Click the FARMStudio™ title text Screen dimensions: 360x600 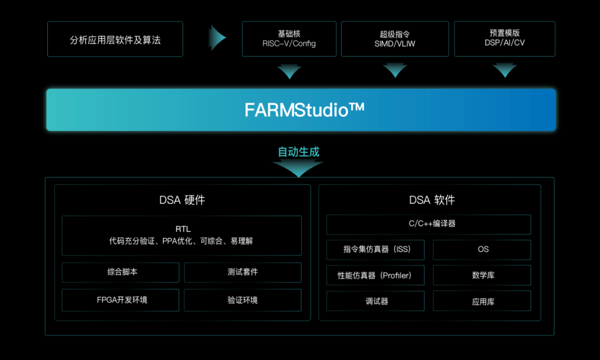(304, 110)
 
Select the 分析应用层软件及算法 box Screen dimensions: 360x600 (115, 39)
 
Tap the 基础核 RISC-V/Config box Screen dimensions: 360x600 (289, 39)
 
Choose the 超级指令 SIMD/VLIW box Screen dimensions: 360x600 (394, 39)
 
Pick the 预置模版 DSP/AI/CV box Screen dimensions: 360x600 (504, 39)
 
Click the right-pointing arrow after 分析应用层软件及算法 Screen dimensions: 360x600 (217, 38)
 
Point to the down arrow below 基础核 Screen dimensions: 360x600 (289, 71)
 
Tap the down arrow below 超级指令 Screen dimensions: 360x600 (394, 71)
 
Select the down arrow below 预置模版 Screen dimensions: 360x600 (504, 71)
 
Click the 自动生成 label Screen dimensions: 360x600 (299, 152)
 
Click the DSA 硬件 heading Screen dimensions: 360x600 (182, 200)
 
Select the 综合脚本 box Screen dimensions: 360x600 (121, 272)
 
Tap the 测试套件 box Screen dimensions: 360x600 (243, 272)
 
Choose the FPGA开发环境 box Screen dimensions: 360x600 (121, 300)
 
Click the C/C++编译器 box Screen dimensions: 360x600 (428, 224)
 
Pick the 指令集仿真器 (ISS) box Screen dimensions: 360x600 (376, 249)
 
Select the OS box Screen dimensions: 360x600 (482, 249)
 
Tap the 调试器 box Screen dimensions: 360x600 (376, 301)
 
